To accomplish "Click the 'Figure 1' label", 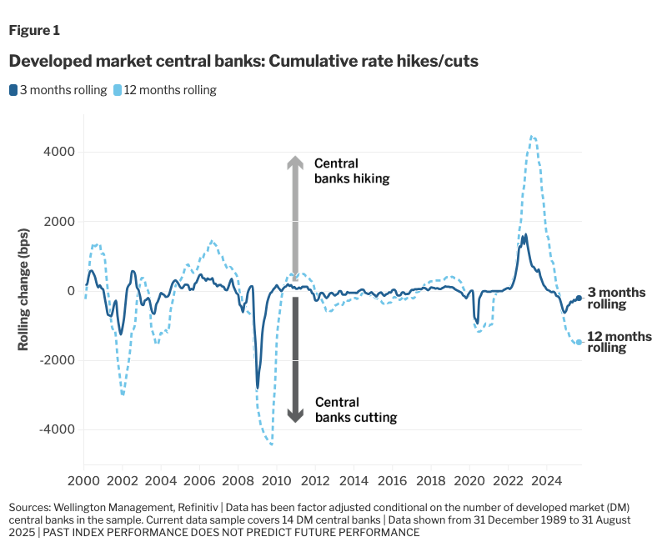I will (34, 31).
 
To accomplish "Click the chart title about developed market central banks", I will (243, 62).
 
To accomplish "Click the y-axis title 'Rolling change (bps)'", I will (23, 291).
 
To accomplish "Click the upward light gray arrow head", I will (295, 163).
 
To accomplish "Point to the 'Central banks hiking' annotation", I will (351, 171).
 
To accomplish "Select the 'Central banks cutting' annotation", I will (356, 409).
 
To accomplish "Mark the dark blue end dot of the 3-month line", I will (579, 298).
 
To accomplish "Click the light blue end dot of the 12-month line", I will (579, 342).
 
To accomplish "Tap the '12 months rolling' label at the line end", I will (619, 342).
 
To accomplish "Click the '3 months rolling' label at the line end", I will (616, 299).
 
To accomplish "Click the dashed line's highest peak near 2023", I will (532, 136).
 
